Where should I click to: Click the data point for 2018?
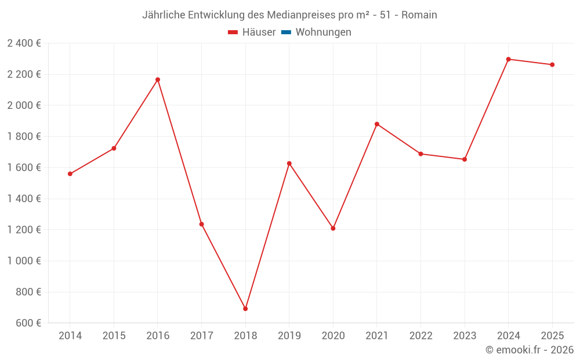point(245,309)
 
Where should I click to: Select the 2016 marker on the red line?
point(158,79)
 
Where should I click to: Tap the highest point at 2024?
point(508,59)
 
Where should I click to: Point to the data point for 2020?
point(333,228)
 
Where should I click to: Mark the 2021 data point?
point(377,124)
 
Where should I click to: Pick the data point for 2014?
point(70,174)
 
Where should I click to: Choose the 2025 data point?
point(552,65)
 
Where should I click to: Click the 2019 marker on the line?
point(289,163)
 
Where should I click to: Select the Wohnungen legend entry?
point(323,32)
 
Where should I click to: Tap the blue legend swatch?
point(286,32)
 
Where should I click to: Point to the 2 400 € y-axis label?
point(24,43)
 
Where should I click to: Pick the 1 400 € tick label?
point(24,199)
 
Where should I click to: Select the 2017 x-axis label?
point(201,336)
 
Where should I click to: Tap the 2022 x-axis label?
point(420,336)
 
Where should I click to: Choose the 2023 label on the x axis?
point(465,336)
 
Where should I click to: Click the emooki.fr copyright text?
point(530,350)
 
